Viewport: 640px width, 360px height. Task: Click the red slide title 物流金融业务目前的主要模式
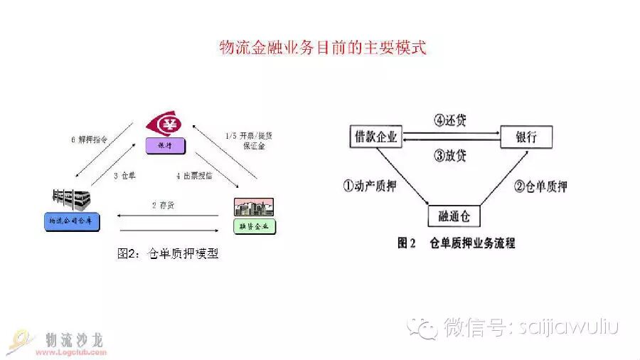coord(321,48)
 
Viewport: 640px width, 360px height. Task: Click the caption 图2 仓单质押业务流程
coord(456,243)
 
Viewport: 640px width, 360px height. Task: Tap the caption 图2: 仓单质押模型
coord(167,253)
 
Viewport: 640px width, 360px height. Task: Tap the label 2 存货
coord(164,205)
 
